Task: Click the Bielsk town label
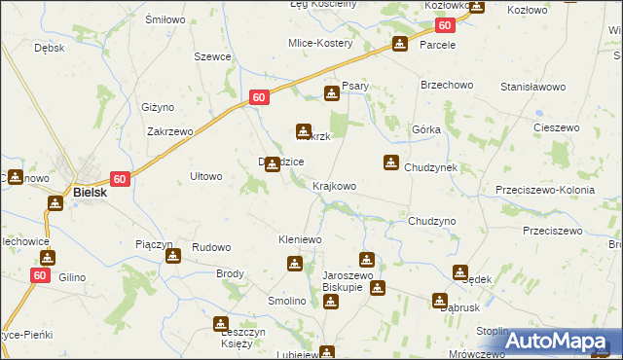(90, 193)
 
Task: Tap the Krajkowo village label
(334, 186)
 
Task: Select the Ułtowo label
(206, 176)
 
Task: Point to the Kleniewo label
(300, 238)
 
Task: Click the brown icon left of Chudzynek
(391, 162)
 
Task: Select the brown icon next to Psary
(332, 93)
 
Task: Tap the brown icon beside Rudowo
(173, 256)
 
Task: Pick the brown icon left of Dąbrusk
(440, 301)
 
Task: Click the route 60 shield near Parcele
(445, 26)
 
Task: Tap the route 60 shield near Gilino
(40, 276)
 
